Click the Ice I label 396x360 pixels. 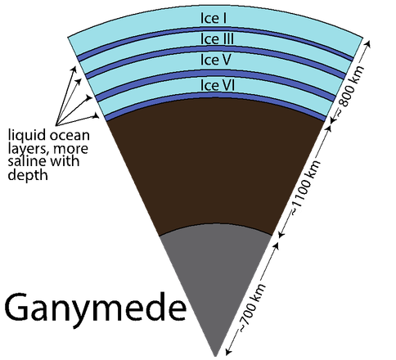[214, 18]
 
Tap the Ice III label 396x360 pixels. [217, 38]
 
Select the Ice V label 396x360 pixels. [216, 60]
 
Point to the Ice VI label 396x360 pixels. [218, 85]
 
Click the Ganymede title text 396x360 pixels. [96, 308]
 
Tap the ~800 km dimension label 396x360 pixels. [350, 90]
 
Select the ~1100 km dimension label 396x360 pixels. [305, 188]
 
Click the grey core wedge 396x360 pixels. [215, 272]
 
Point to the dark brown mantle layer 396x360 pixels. [215, 164]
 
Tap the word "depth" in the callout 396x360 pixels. [28, 175]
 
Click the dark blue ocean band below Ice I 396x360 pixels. [215, 29]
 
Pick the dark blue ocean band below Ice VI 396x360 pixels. [215, 95]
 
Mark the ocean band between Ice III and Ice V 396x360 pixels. [215, 49]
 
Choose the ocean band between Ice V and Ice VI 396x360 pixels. [215, 73]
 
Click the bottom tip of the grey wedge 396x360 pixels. [215, 356]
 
